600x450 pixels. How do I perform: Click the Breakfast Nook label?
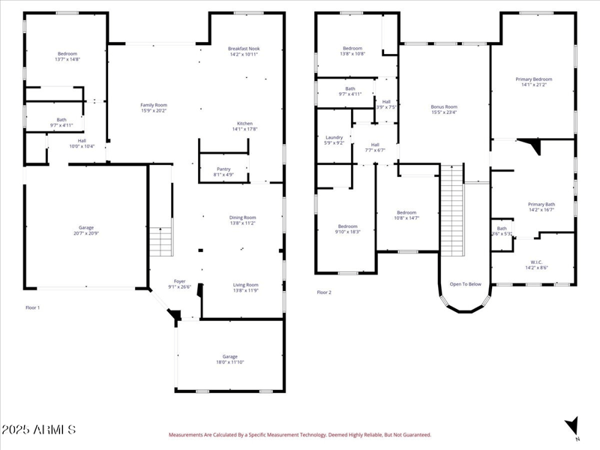click(x=243, y=49)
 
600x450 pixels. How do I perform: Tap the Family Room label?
click(x=154, y=105)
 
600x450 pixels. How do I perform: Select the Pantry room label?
click(x=223, y=169)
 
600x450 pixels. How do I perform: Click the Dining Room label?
click(x=243, y=217)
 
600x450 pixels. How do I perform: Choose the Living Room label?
click(x=244, y=284)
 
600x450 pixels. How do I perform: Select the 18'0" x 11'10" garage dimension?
click(x=229, y=362)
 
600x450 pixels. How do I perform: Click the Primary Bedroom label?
click(x=533, y=79)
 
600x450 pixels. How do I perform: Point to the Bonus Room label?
click(x=444, y=106)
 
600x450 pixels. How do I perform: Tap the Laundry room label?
click(x=334, y=137)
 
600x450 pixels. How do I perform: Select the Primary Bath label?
click(x=541, y=204)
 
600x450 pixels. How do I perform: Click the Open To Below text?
click(x=465, y=284)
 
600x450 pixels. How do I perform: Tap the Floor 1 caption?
click(x=33, y=307)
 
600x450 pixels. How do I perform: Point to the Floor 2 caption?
click(x=324, y=292)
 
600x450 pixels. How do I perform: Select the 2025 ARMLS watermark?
click(x=38, y=430)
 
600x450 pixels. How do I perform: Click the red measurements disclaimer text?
click(x=300, y=434)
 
